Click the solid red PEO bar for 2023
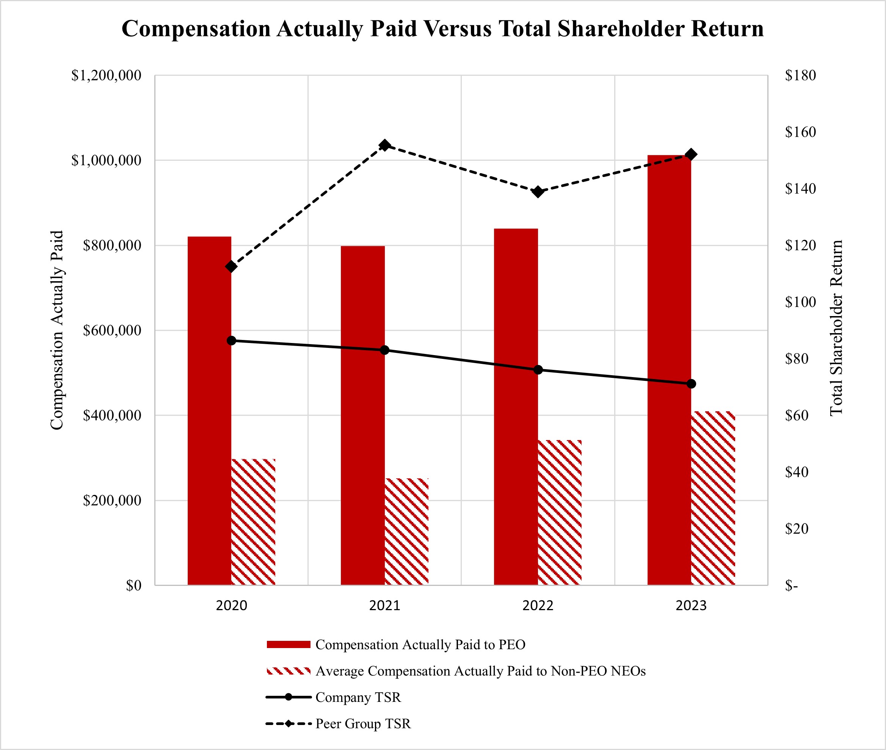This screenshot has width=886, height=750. [x=669, y=370]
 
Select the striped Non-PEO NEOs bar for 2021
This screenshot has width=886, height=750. [x=406, y=531]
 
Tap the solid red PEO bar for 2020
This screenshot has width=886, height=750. [x=209, y=410]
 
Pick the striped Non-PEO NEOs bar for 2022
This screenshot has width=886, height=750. [x=559, y=512]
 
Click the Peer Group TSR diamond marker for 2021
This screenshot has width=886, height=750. [x=384, y=146]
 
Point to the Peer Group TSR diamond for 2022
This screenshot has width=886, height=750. [x=538, y=192]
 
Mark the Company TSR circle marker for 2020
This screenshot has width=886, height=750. [x=231, y=341]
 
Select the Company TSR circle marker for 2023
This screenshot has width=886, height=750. [x=691, y=384]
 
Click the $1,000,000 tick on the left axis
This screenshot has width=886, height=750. [x=106, y=160]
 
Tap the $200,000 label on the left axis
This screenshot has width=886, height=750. [x=112, y=500]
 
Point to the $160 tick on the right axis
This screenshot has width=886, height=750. [x=800, y=132]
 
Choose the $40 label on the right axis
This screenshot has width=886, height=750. [x=796, y=472]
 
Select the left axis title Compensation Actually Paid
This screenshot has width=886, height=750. [x=56, y=330]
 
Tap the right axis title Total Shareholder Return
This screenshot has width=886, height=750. [x=836, y=327]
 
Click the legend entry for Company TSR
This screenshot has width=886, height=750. [x=358, y=697]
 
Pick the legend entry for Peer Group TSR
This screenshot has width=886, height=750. [x=363, y=723]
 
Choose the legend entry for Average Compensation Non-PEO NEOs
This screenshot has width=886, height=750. [x=480, y=671]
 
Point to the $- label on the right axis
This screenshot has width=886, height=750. [x=792, y=586]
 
